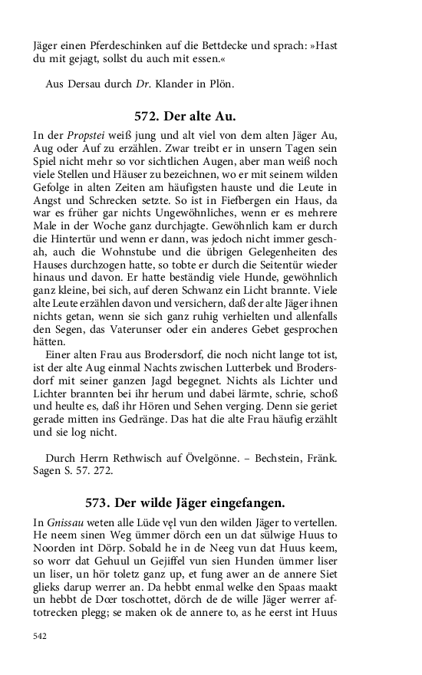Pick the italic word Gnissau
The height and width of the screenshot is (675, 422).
(x=66, y=522)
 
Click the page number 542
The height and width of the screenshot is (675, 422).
(x=41, y=635)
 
